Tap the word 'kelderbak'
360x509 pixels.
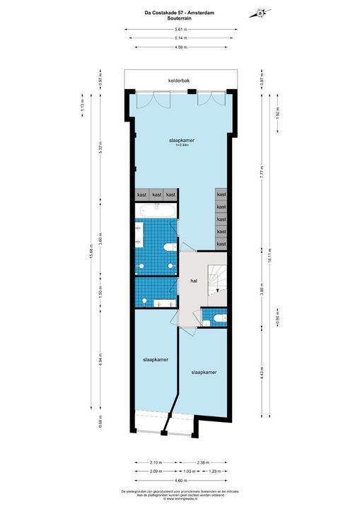coord(178,81)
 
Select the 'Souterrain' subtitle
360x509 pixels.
coord(180,20)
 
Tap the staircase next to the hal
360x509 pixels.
coord(214,281)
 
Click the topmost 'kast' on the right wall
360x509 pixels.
coord(221,194)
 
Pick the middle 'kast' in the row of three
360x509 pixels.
coord(156,194)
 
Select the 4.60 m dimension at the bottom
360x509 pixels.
coord(180,479)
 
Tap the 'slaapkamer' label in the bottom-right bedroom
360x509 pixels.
coord(203,371)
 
